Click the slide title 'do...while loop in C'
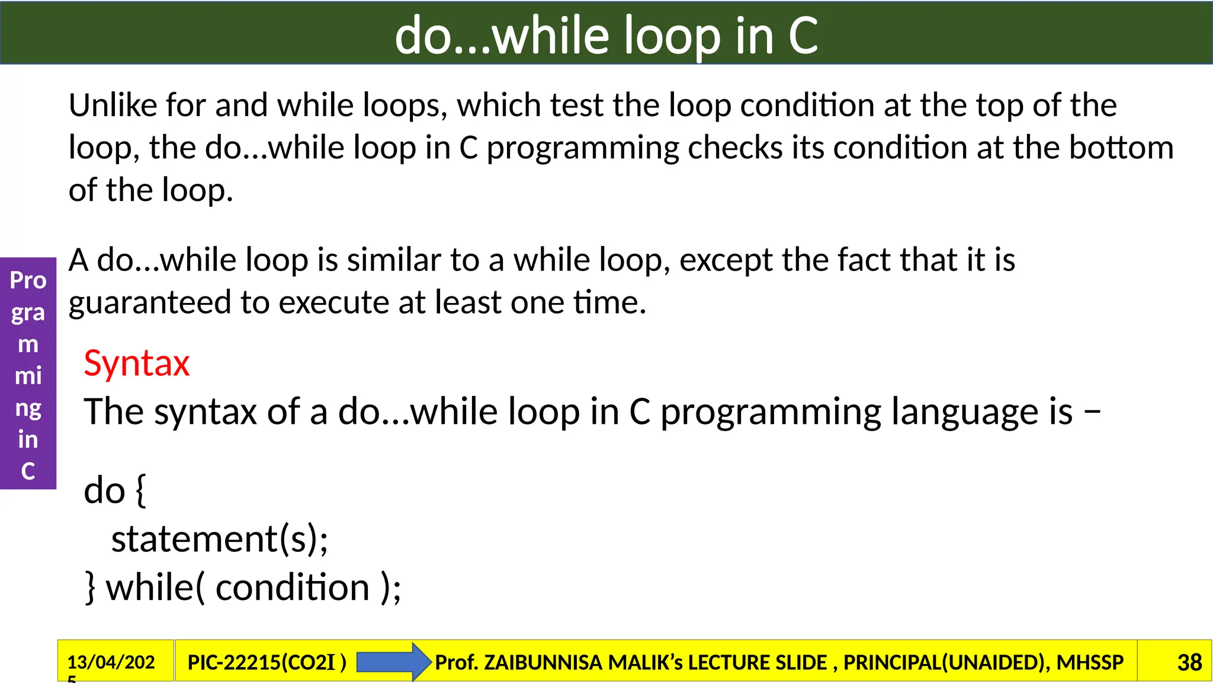coord(606,36)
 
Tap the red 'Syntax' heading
coord(136,363)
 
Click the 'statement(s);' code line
coord(220,539)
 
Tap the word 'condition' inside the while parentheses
coord(293,588)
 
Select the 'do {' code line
coord(115,490)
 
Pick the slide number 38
coord(1189,662)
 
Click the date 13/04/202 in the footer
coord(111,662)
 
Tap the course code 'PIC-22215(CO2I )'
coord(267,662)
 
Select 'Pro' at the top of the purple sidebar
coord(28,280)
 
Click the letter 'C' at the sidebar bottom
coord(28,471)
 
